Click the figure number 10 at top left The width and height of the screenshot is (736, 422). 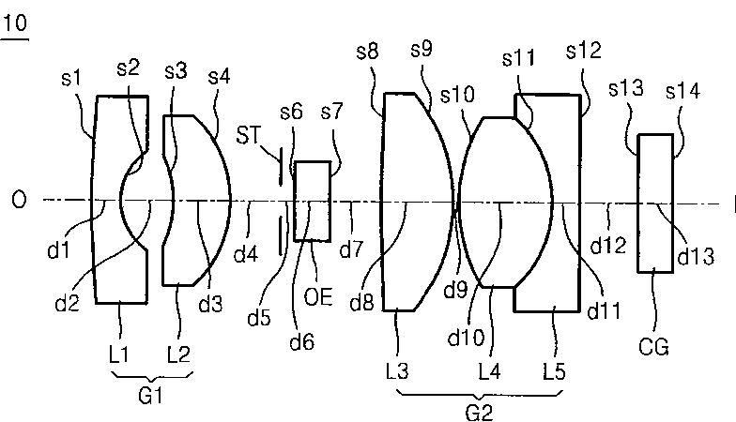[15, 24]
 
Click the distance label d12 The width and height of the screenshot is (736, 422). [607, 246]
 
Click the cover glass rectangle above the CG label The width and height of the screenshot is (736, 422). [655, 202]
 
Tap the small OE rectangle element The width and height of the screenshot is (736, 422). [313, 200]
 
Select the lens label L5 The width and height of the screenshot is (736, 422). [555, 371]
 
